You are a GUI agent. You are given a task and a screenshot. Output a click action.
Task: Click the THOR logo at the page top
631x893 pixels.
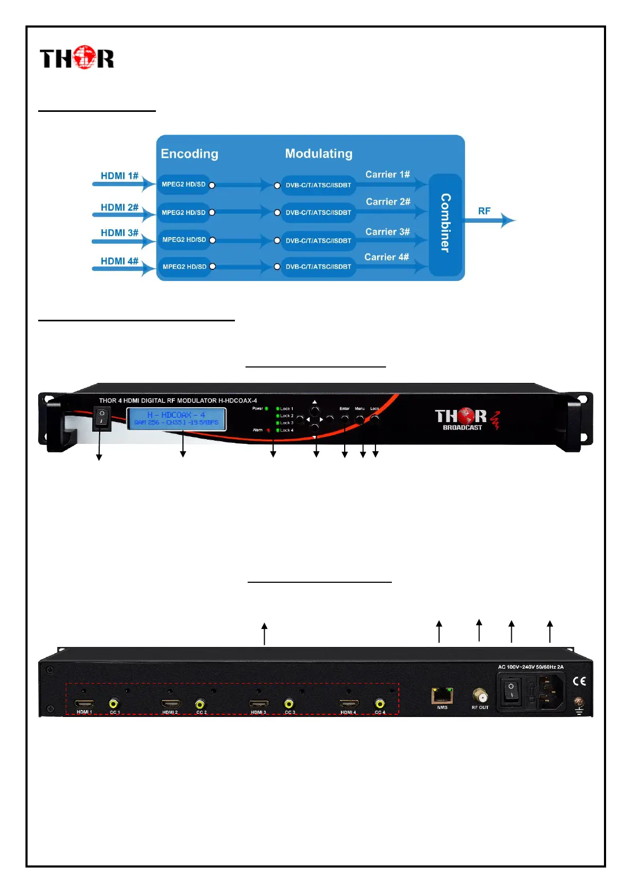tap(77, 58)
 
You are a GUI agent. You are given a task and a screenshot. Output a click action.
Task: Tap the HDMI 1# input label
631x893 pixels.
tap(119, 176)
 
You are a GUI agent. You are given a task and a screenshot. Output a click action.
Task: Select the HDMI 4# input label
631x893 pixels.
tap(119, 261)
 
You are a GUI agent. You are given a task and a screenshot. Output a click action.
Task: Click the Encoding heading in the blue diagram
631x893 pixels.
tap(189, 154)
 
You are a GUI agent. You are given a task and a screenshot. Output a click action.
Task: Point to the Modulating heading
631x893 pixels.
tap(319, 153)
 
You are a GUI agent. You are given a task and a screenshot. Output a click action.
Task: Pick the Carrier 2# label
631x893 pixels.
tap(388, 202)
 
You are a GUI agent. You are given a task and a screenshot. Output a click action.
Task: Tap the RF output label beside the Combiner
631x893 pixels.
tap(484, 211)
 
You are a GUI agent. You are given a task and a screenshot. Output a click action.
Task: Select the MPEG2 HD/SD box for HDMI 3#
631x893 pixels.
tap(184, 240)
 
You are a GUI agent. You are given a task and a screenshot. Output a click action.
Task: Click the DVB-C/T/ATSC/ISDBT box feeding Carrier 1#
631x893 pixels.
tap(318, 185)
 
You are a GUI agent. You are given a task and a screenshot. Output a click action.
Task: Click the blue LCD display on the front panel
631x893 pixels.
tap(176, 418)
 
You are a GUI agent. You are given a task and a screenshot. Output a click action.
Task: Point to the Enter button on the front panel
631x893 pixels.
tap(345, 419)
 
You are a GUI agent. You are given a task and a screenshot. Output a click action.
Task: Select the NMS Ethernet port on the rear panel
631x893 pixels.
tap(442, 695)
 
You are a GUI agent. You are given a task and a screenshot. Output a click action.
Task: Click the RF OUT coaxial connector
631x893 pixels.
tap(480, 695)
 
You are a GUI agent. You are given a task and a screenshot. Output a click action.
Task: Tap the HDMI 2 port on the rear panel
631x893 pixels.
tap(170, 704)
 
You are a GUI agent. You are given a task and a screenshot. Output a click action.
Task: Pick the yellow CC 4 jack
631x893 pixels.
tap(380, 704)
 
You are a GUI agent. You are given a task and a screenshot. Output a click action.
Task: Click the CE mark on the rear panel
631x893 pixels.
tap(579, 681)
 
